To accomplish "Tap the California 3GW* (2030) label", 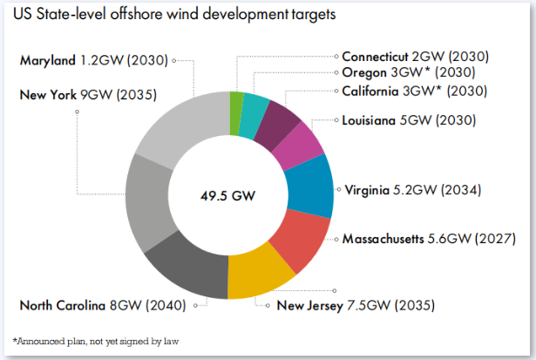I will pyautogui.click(x=414, y=91).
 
